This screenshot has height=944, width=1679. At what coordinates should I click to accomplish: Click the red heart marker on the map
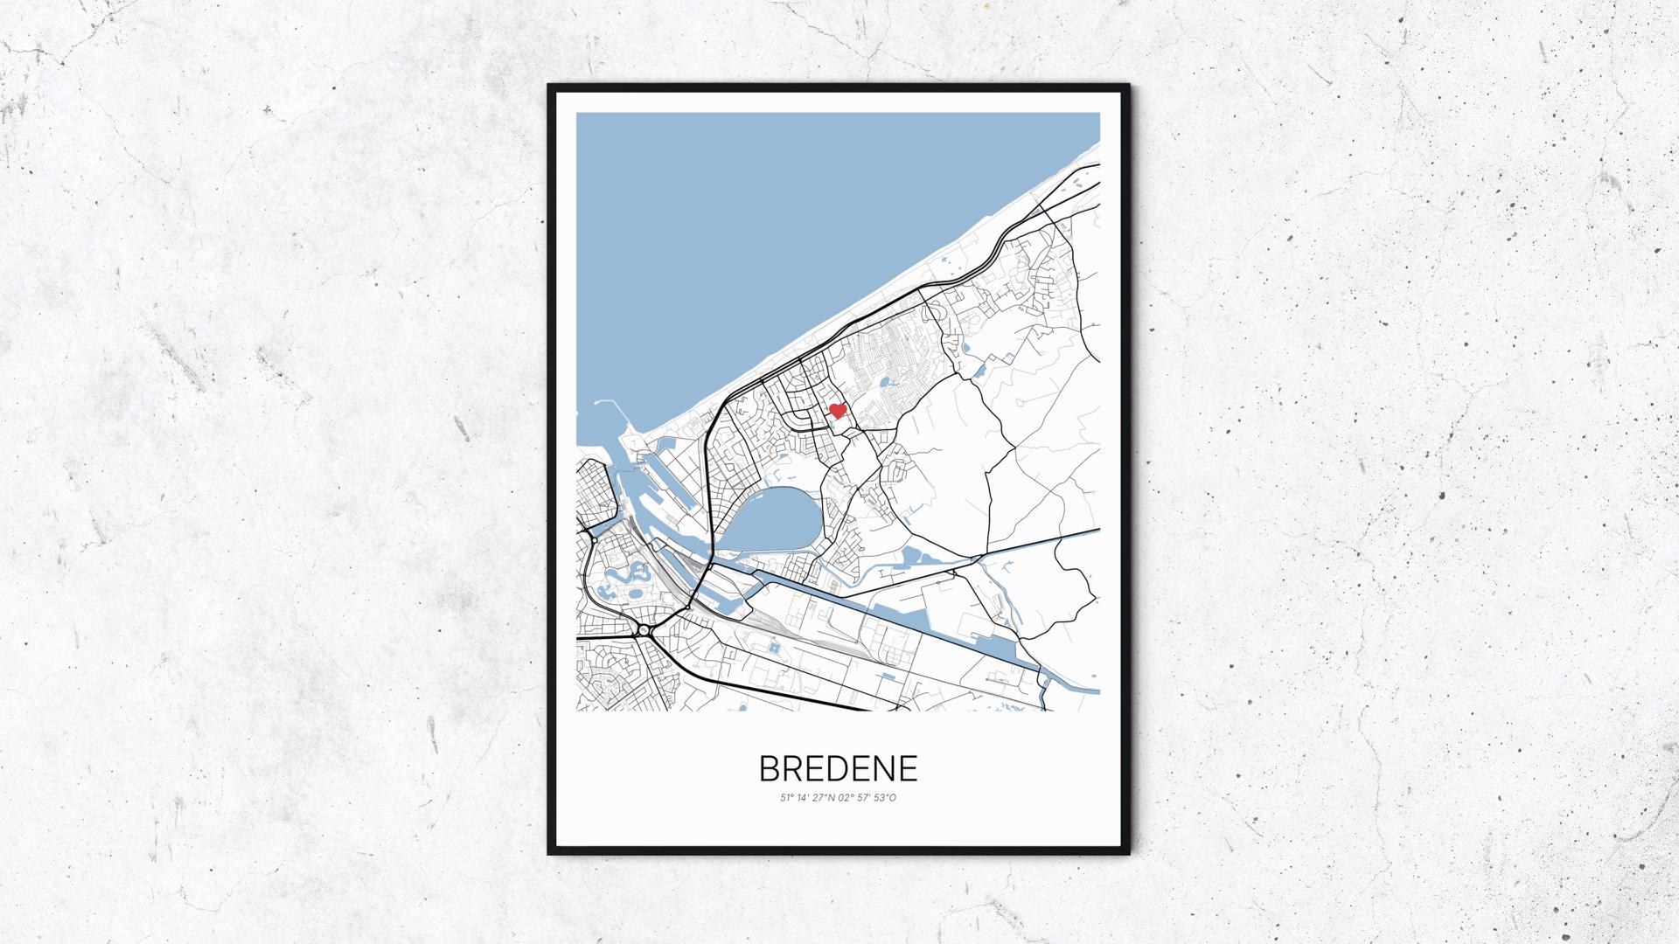(837, 411)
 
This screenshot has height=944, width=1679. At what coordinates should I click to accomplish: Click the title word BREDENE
(838, 768)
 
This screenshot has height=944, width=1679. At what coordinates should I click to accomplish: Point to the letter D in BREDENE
(837, 768)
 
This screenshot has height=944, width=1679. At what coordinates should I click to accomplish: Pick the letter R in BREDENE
(792, 768)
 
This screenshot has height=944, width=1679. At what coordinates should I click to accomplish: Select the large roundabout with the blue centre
(644, 629)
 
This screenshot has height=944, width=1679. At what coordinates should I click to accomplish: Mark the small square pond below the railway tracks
(773, 648)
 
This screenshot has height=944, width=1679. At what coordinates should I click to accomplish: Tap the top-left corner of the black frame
(549, 86)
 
